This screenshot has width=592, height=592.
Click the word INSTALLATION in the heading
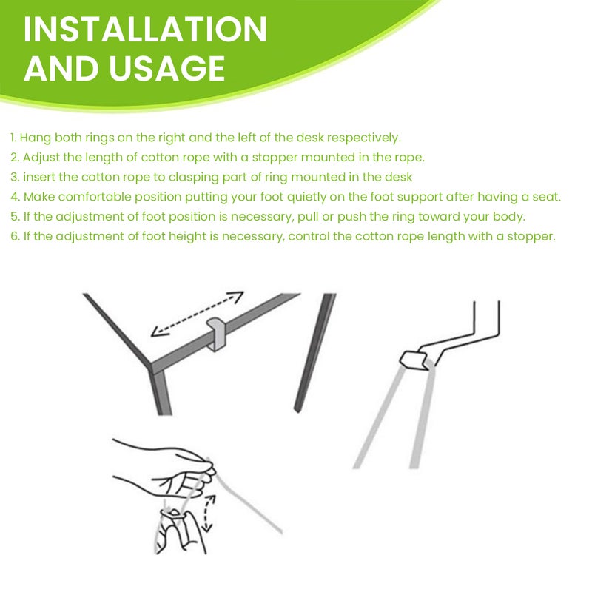click(145, 30)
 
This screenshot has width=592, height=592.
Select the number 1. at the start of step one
click(13, 138)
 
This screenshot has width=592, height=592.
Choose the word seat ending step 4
click(546, 198)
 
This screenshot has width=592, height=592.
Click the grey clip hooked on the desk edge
click(217, 334)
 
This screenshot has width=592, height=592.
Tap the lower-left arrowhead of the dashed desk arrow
click(157, 331)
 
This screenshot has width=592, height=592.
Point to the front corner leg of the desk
click(161, 393)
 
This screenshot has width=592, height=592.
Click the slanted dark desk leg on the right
click(314, 353)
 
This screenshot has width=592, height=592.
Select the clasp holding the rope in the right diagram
click(414, 360)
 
